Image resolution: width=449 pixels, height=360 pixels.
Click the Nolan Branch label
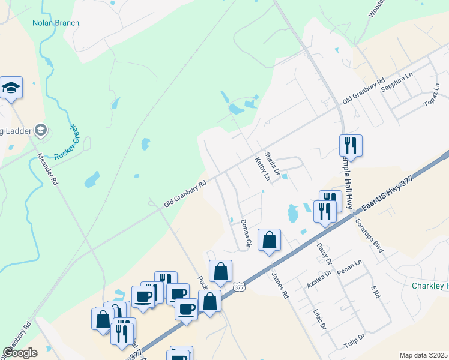[56, 23]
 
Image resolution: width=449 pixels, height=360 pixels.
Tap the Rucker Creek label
[67, 142]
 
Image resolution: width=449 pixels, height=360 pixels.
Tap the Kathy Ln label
[263, 169]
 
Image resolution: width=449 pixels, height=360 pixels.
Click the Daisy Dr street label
[324, 253]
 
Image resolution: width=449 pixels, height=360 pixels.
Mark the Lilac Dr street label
[319, 319]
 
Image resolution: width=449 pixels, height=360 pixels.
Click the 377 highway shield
[239, 287]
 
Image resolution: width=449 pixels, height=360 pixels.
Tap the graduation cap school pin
[11, 89]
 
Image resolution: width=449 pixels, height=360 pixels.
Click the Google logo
[20, 353]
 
